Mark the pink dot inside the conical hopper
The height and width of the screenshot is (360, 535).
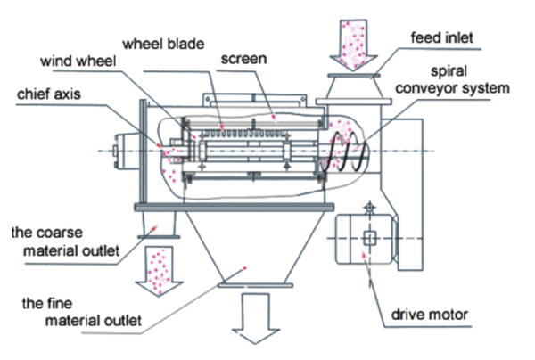point(248,266)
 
